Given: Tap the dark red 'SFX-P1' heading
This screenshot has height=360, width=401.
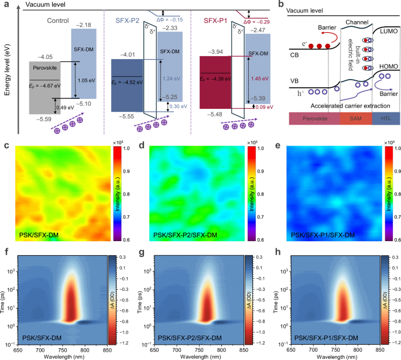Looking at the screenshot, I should point(214,20).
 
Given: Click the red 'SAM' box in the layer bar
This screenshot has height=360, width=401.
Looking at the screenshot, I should point(355,117).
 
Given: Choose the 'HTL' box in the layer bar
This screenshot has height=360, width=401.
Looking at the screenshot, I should point(385,117).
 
